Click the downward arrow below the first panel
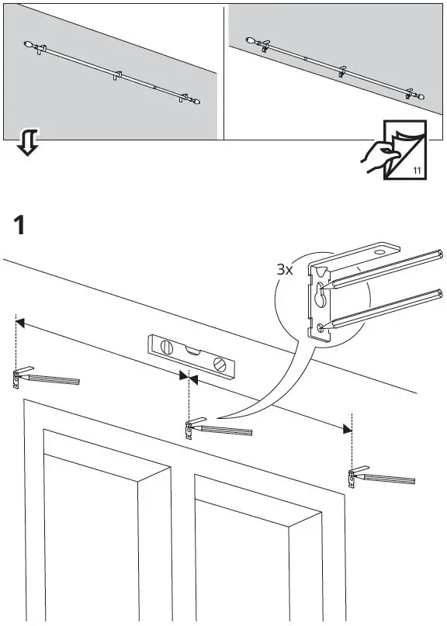27,143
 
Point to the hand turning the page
378,155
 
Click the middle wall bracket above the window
189,428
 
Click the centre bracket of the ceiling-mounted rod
341,73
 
